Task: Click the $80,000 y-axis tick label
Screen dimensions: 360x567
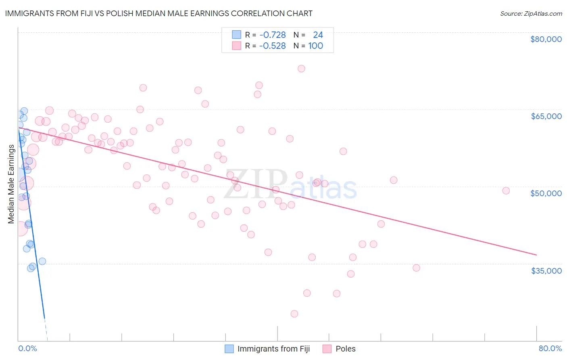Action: [x=546, y=39]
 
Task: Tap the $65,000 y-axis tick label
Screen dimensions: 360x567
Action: [x=546, y=116]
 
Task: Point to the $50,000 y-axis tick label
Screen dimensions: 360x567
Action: [x=546, y=193]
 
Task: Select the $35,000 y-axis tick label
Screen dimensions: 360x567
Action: [x=546, y=270]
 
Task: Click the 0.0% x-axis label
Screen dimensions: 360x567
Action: [x=27, y=348]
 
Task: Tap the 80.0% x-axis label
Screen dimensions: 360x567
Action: [x=550, y=348]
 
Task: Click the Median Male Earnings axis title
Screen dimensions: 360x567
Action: [x=11, y=184]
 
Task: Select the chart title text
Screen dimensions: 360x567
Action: [x=158, y=13]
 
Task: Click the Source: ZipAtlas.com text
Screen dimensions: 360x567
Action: [x=531, y=13]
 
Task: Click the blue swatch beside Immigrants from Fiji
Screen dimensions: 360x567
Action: [x=229, y=349]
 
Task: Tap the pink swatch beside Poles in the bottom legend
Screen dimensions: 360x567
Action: [x=327, y=349]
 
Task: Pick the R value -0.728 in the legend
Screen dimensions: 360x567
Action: [x=273, y=35]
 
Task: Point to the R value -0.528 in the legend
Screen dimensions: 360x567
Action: [x=273, y=46]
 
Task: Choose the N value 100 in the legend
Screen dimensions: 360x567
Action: [x=316, y=46]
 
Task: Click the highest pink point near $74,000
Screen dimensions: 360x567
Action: [x=301, y=69]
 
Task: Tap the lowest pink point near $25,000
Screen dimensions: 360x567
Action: [x=294, y=314]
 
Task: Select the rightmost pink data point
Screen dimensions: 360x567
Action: [x=506, y=190]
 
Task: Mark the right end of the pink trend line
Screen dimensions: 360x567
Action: [x=536, y=255]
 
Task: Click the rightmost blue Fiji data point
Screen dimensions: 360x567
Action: [x=42, y=261]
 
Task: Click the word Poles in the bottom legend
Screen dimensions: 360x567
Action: [x=346, y=349]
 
